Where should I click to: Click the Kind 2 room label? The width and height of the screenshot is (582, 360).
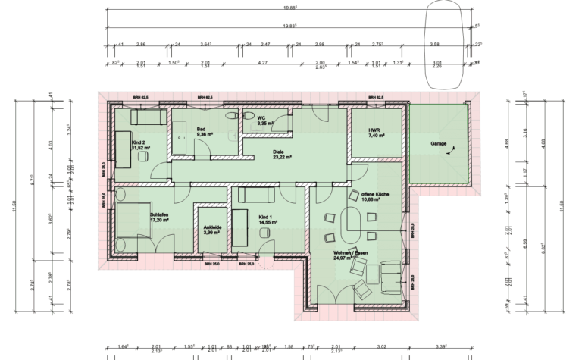pyautogui.click(x=139, y=145)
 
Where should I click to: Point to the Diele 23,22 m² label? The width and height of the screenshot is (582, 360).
pyautogui.click(x=283, y=155)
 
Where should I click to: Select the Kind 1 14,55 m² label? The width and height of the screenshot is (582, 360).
pyautogui.click(x=268, y=218)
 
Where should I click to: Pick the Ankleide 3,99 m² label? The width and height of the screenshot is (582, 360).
pyautogui.click(x=212, y=230)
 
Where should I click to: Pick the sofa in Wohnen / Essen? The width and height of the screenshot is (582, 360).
pyautogui.click(x=392, y=277)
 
